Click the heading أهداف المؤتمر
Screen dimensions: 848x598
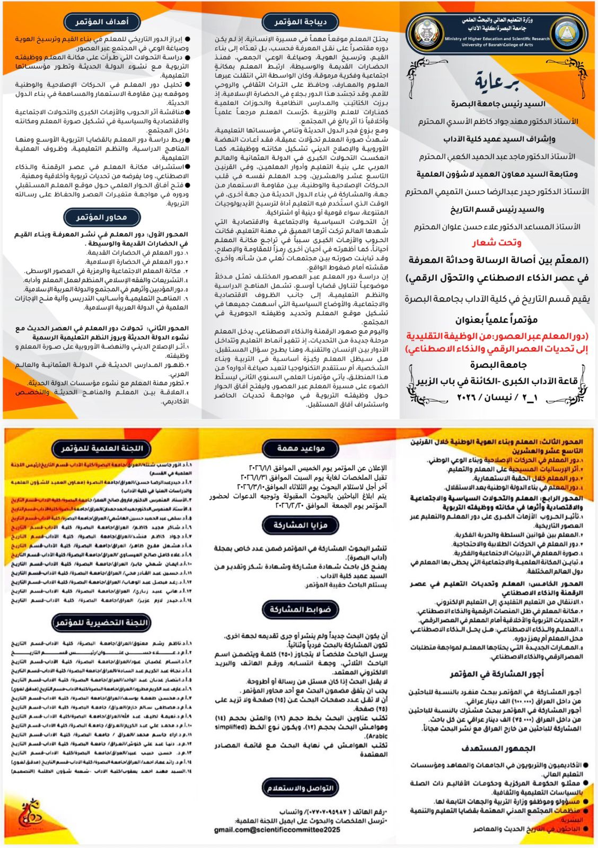[102, 22]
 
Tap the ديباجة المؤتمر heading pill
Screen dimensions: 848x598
[300, 22]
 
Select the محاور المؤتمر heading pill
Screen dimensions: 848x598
[102, 217]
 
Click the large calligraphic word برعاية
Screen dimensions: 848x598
[497, 82]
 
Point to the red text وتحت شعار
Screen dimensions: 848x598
[497, 243]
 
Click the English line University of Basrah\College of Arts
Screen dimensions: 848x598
[497, 45]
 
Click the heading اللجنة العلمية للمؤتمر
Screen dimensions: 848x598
[102, 448]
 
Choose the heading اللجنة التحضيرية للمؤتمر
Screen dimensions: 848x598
[102, 622]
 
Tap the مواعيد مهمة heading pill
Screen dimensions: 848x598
[301, 448]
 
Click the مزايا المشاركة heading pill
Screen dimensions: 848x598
[301, 525]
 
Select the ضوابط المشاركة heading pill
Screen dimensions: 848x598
[301, 609]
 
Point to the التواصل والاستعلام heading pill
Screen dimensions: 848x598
[301, 788]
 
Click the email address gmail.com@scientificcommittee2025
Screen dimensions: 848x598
[277, 829]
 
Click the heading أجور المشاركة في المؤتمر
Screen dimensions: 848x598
[497, 674]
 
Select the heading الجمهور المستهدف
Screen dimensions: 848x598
[498, 748]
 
